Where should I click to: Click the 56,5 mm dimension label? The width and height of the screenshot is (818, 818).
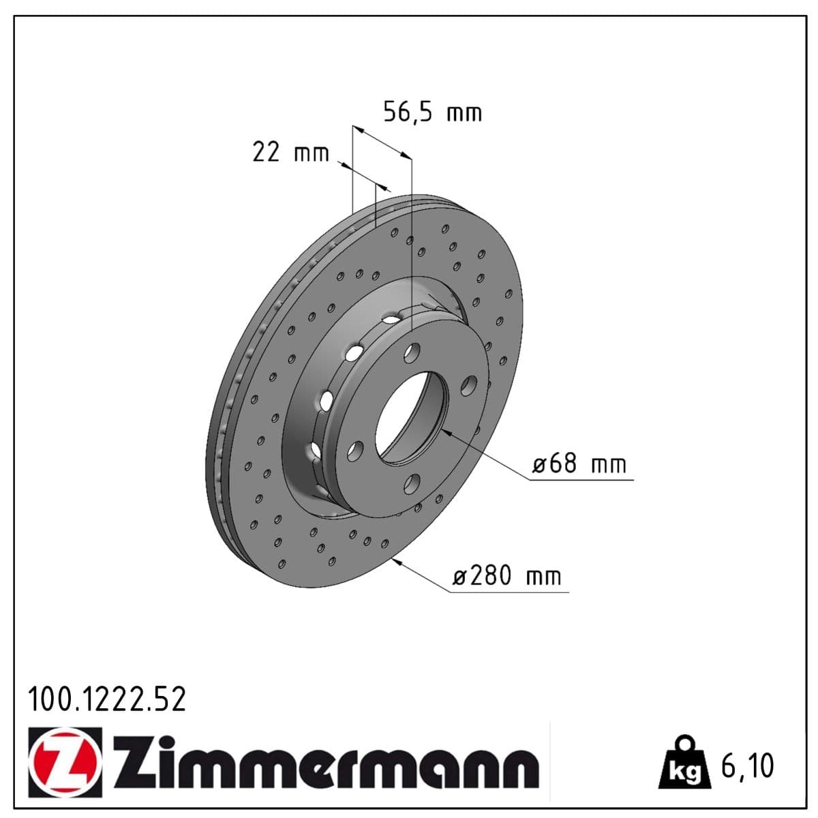click(x=432, y=112)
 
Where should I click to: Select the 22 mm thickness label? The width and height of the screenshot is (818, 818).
click(x=290, y=152)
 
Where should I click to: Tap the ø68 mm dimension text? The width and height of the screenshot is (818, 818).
click(x=579, y=465)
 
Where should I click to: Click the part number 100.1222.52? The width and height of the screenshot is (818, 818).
click(x=106, y=699)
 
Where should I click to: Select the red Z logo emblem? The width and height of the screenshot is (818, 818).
click(x=65, y=762)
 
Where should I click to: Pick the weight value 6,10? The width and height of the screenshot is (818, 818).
click(x=747, y=766)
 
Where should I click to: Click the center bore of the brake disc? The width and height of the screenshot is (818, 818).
click(x=410, y=417)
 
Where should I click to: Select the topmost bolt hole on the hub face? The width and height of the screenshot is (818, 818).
click(x=412, y=352)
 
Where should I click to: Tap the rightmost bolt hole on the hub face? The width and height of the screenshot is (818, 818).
click(x=468, y=387)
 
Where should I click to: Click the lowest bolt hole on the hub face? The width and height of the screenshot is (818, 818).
click(x=411, y=484)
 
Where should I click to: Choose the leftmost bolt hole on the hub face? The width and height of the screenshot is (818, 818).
click(x=354, y=451)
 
